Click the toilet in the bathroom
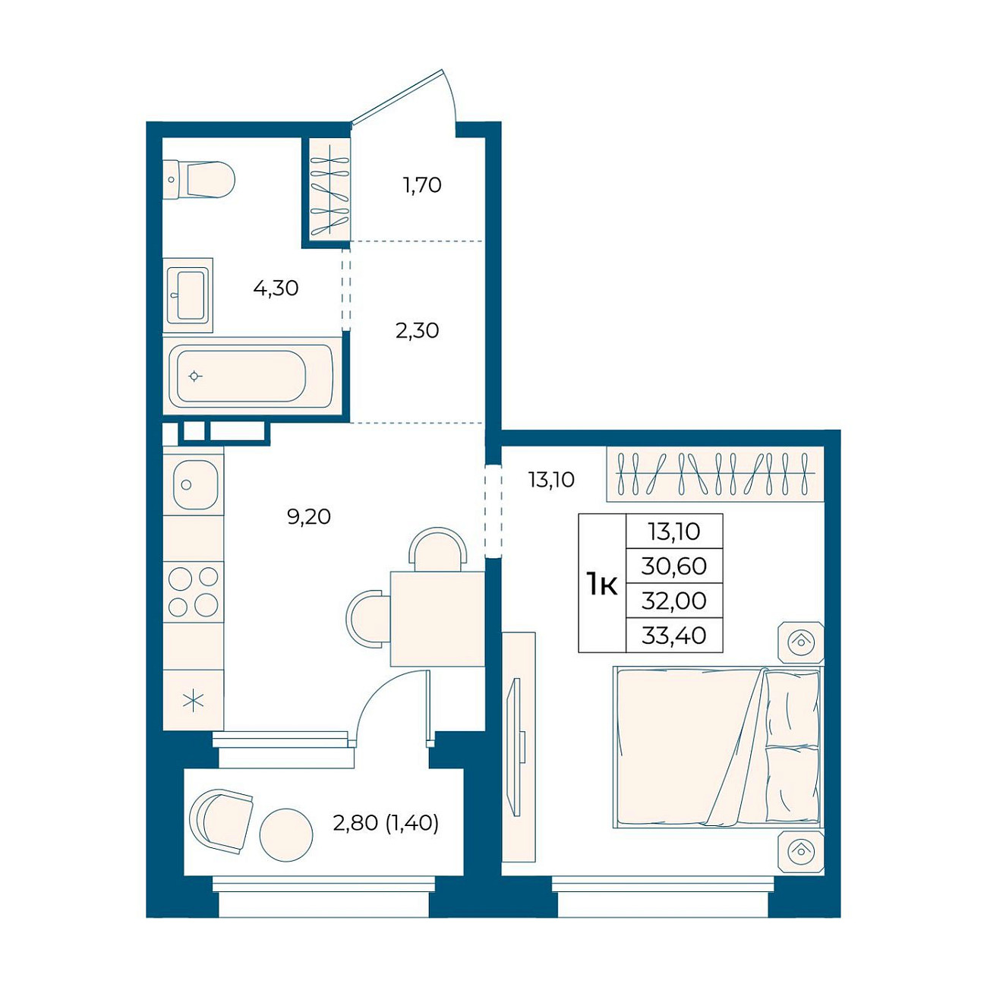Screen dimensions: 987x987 point(199,180)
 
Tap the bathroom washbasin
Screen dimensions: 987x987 point(188,295)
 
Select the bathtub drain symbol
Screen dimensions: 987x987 point(194,377)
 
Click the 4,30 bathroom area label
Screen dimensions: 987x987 point(276,289)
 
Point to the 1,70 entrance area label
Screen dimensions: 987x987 point(422,185)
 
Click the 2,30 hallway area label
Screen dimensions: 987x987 point(417,331)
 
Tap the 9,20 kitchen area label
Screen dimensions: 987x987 point(309,517)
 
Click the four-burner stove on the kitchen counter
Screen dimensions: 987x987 point(194,591)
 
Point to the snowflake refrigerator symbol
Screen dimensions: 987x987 point(194,700)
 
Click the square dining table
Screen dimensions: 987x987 point(437,619)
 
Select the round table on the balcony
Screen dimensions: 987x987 point(285,834)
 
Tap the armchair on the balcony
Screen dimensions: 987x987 point(221,821)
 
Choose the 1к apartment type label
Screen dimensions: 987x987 point(602,584)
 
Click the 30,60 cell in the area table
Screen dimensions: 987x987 point(674,566)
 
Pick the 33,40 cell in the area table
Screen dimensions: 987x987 point(674,635)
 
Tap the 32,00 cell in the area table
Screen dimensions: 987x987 point(674,601)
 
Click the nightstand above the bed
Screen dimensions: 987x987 point(800,642)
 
